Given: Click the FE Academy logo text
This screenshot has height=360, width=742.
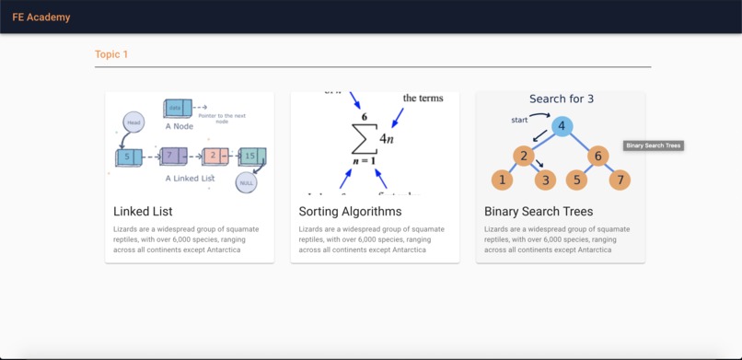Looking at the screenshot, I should (41, 17).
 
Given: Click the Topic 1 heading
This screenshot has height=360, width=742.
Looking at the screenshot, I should (111, 54).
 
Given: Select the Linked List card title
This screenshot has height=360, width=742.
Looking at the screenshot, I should (143, 212).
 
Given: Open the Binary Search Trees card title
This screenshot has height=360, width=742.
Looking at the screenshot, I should (539, 212).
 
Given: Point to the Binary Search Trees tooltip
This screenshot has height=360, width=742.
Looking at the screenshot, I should (653, 145).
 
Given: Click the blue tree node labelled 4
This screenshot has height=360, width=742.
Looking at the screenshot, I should (562, 126).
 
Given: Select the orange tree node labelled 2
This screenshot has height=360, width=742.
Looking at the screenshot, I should (524, 156).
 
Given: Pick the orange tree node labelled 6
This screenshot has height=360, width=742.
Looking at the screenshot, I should (597, 156).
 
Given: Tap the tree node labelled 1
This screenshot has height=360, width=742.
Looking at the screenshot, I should (502, 180).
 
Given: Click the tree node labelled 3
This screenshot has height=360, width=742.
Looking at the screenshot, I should (546, 180).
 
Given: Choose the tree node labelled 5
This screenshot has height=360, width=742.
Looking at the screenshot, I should (576, 180).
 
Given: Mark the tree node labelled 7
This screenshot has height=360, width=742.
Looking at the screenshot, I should (620, 180).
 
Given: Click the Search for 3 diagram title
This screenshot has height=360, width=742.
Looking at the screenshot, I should (562, 99).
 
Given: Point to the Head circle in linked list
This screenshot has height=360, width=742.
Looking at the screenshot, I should (133, 122).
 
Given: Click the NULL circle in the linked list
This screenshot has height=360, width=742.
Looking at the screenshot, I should (246, 182).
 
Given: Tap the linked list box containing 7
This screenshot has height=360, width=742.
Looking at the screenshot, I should (172, 157).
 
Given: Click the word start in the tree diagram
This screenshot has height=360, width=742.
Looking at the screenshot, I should (520, 120).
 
